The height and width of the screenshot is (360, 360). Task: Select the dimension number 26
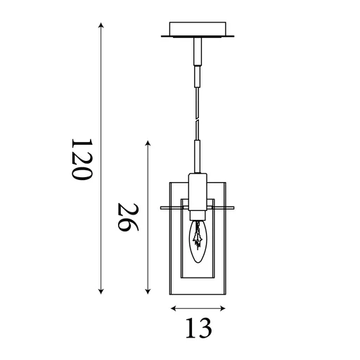127,218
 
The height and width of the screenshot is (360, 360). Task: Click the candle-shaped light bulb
198,243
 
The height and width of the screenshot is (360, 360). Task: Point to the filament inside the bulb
199,238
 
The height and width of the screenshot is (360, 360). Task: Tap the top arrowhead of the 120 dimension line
101,25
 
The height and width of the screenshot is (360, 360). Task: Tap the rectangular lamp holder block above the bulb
198,190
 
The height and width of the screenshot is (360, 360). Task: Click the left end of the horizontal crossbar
162,207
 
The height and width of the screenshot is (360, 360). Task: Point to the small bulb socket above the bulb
198,214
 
